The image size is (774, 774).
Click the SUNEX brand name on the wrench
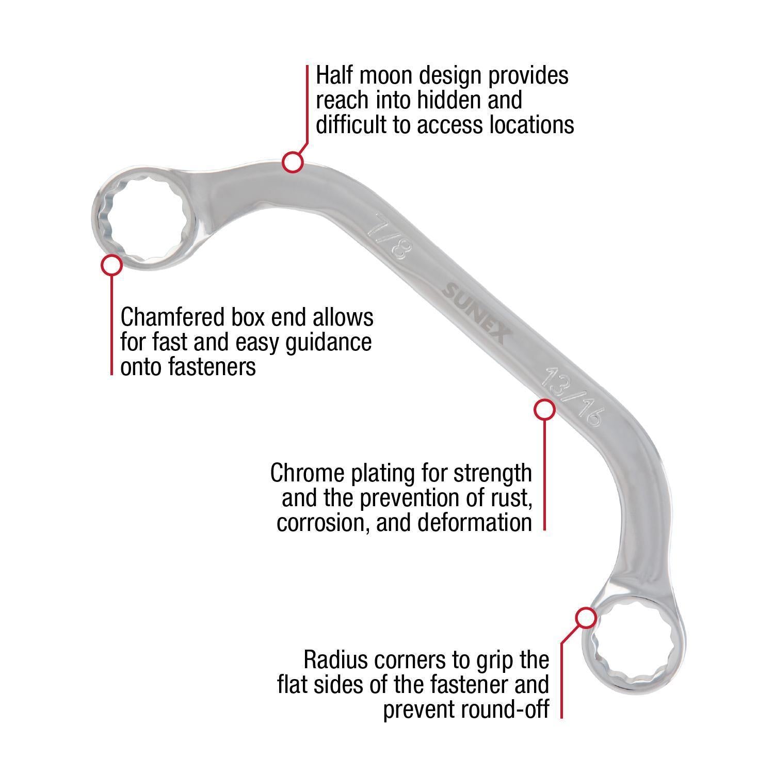click(475, 313)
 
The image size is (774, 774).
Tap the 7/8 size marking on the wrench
click(389, 237)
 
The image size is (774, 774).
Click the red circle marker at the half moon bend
click(292, 162)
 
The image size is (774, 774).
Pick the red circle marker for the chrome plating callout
click(544, 409)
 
